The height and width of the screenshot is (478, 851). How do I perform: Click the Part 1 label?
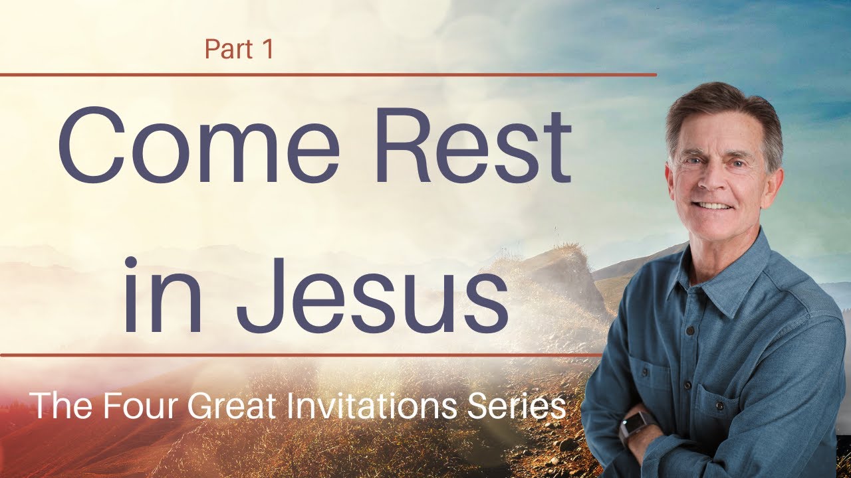tap(239, 50)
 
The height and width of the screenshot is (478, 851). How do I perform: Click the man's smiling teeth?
tap(713, 206)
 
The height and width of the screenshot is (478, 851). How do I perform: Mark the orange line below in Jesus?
tap(299, 355)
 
